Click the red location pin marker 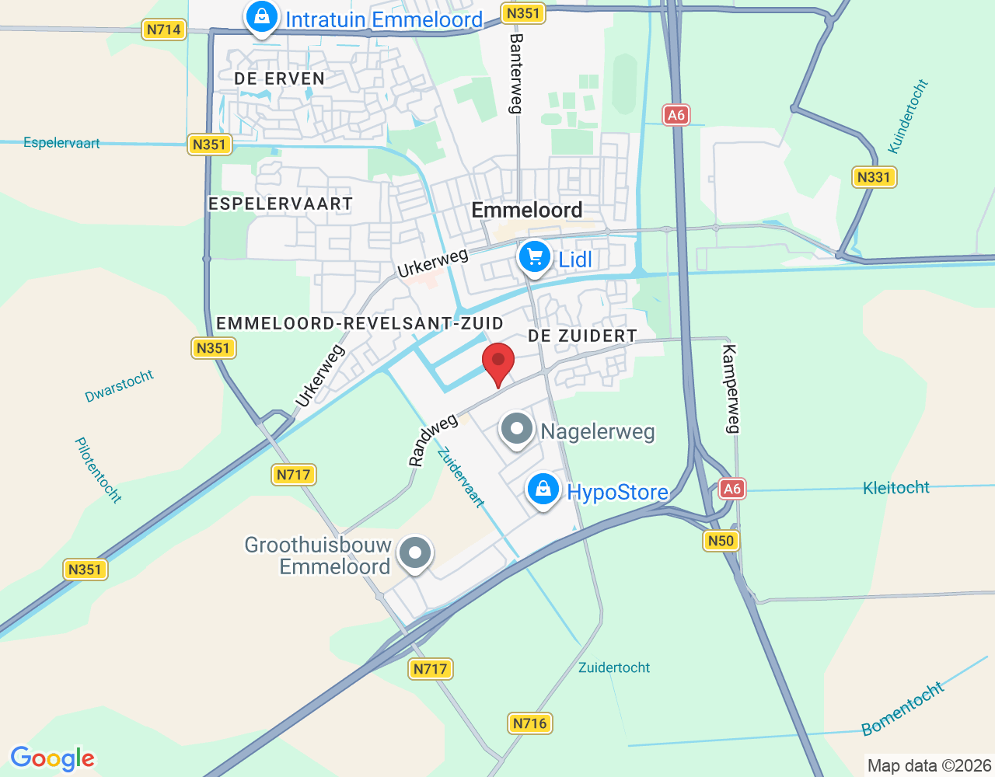tap(498, 363)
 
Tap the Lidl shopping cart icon tap(534, 257)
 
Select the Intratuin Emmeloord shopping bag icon tap(262, 17)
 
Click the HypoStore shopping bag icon tap(543, 490)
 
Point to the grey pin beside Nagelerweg tap(517, 429)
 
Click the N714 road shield tap(164, 30)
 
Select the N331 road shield tap(874, 177)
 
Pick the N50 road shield tap(721, 541)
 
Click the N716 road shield tap(530, 723)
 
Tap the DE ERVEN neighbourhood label tap(279, 78)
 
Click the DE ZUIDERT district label tap(582, 336)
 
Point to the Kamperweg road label tap(731, 388)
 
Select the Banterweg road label tap(515, 74)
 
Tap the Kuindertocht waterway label tap(908, 117)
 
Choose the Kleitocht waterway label tap(896, 488)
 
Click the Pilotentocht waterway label tap(98, 469)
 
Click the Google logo tap(53, 758)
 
